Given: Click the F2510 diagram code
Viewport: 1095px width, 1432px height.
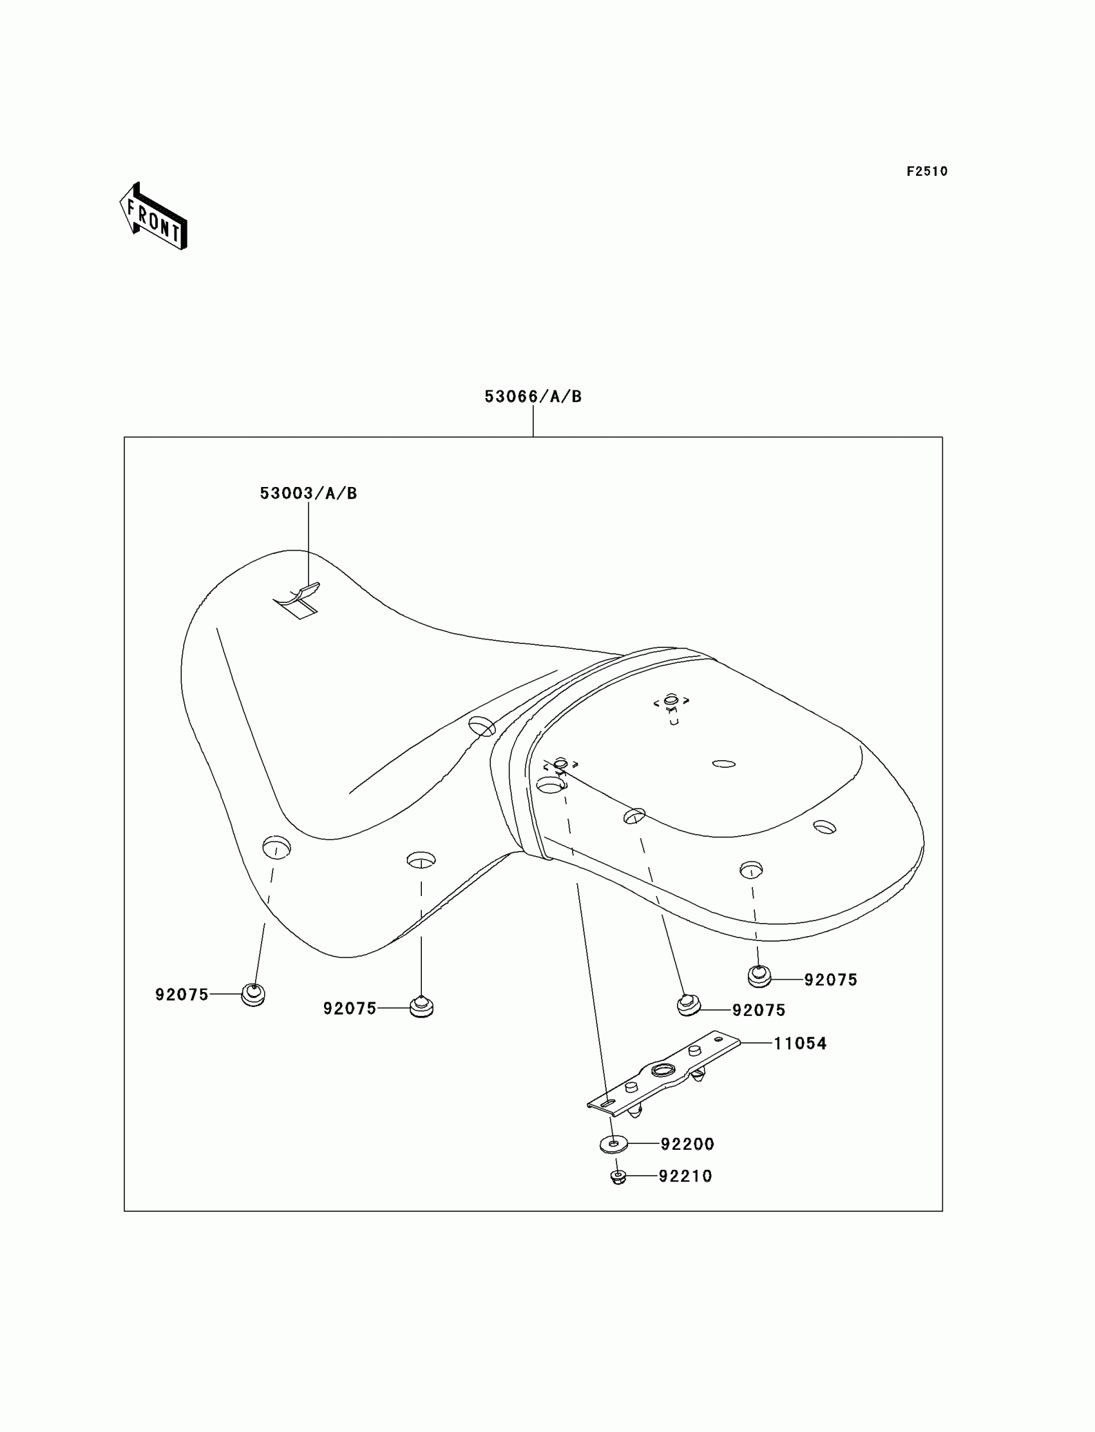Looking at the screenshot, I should point(927,171).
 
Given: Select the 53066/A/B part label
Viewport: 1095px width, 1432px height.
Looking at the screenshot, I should point(533,396).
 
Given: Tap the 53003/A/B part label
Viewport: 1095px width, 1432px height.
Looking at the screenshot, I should point(309,493).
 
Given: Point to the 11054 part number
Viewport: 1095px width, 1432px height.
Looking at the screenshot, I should point(800,1044).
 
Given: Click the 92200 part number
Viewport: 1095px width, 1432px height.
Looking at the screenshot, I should point(687,1144).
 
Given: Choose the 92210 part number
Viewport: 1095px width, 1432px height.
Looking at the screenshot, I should point(685,1176).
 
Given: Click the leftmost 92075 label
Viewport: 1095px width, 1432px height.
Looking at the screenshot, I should point(182,995).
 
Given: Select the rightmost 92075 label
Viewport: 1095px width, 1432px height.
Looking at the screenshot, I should point(830,980).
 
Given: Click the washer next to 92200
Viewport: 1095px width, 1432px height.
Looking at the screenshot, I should point(613,1144).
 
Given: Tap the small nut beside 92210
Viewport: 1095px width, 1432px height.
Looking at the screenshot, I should point(618,1177).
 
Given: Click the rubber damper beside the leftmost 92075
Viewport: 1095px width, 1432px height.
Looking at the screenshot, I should point(253,995).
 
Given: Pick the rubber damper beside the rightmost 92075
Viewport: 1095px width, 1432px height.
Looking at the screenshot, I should point(759,977).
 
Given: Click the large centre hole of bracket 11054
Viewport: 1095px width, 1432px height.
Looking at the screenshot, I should point(663,1069).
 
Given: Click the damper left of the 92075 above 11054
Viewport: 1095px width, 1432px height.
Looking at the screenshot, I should point(688,1005).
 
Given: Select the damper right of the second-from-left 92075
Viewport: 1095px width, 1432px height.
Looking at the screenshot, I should point(422,1006).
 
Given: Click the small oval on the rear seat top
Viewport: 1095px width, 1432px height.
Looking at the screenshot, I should point(723,763).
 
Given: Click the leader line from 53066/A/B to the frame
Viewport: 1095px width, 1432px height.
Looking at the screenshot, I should point(533,421).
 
